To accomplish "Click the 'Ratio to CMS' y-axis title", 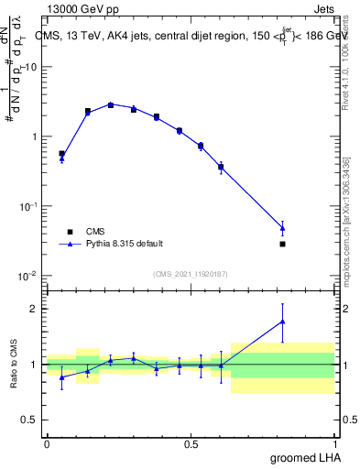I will pyautogui.click(x=13, y=364).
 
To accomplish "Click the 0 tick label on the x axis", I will pyautogui.click(x=47, y=444).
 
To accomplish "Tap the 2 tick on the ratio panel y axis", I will pyautogui.click(x=34, y=309).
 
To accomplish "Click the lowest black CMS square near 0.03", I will pyautogui.click(x=283, y=244).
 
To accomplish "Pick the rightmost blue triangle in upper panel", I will pyautogui.click(x=283, y=227).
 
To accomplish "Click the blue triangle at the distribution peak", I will pyautogui.click(x=111, y=104).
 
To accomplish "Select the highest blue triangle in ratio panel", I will pyautogui.click(x=283, y=321).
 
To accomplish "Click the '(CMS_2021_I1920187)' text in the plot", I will pyautogui.click(x=190, y=274).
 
